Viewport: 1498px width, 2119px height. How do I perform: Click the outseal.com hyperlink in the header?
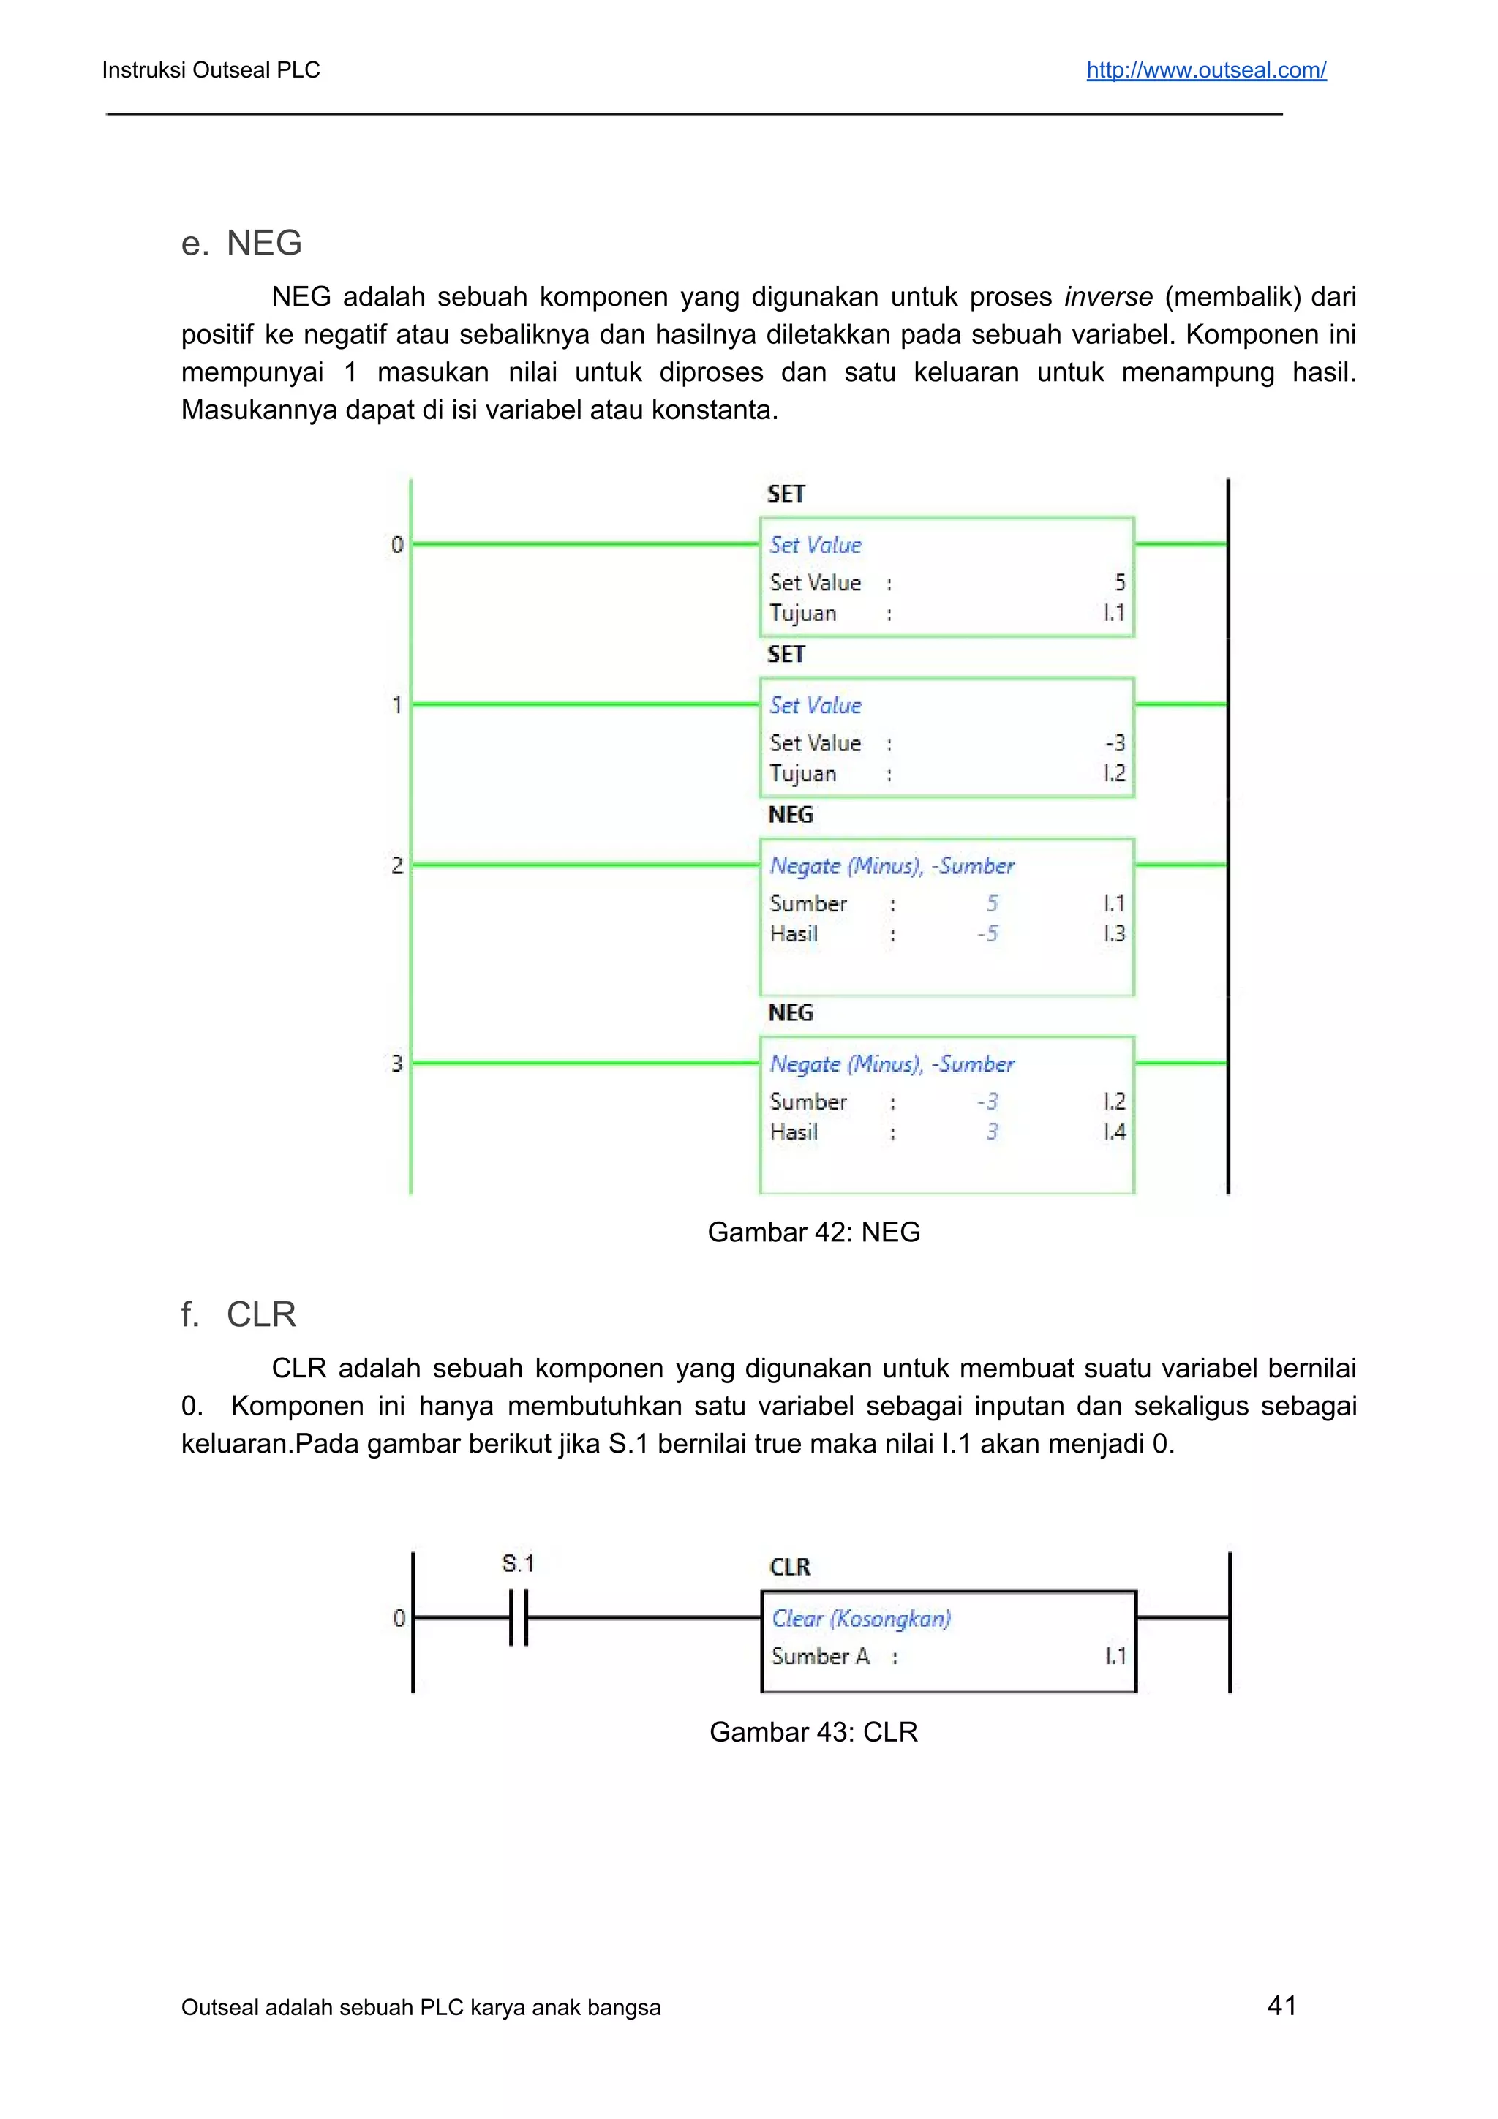pyautogui.click(x=1205, y=70)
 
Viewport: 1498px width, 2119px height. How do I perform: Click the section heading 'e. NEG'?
pyautogui.click(x=242, y=243)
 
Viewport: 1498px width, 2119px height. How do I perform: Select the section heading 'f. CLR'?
pyautogui.click(x=238, y=1314)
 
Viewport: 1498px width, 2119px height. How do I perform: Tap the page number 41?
pyautogui.click(x=1282, y=2005)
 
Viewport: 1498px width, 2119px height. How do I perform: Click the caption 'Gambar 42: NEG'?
pyautogui.click(x=813, y=1232)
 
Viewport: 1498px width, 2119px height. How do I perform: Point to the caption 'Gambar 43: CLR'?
pyautogui.click(x=813, y=1731)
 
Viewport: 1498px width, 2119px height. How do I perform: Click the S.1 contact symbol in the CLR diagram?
pyautogui.click(x=519, y=1617)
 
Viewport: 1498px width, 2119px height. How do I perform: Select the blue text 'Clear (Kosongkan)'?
pyautogui.click(x=861, y=1618)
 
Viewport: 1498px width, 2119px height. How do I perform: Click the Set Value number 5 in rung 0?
pyautogui.click(x=1120, y=582)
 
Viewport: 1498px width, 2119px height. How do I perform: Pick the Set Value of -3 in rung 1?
pyautogui.click(x=1115, y=743)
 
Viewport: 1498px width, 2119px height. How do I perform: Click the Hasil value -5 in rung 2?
pyautogui.click(x=987, y=934)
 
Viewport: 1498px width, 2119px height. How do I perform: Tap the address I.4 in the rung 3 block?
pyautogui.click(x=1114, y=1132)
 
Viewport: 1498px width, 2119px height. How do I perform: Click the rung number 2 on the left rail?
pyautogui.click(x=397, y=866)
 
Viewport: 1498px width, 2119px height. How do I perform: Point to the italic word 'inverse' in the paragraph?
pyautogui.click(x=1107, y=297)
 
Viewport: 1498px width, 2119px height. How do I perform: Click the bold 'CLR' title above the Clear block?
pyautogui.click(x=789, y=1567)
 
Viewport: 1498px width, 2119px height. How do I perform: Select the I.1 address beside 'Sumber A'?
pyautogui.click(x=1115, y=1657)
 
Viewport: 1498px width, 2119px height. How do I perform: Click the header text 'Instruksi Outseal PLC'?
pyautogui.click(x=211, y=70)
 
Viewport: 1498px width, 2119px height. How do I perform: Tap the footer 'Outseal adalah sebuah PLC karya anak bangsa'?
pyautogui.click(x=421, y=2007)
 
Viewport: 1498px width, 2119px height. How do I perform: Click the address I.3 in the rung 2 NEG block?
pyautogui.click(x=1114, y=934)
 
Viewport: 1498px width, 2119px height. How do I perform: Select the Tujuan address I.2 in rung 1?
pyautogui.click(x=1114, y=773)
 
